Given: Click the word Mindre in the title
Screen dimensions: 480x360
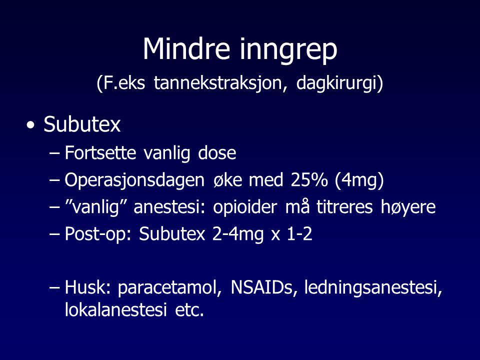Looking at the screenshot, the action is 186,49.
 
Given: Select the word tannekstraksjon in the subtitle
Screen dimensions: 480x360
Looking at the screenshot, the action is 220,83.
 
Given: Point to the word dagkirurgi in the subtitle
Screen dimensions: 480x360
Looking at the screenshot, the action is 337,83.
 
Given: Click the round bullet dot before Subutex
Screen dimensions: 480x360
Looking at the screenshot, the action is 30,125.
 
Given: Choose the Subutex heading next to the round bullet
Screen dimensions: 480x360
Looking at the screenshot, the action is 82,124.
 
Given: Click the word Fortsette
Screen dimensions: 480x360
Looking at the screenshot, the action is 100,152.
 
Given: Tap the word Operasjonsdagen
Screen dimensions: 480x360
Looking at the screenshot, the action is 134,180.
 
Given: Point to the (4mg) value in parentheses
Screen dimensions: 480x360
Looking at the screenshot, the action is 359,180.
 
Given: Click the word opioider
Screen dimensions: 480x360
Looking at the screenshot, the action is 245,207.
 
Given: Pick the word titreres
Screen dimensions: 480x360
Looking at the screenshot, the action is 344,207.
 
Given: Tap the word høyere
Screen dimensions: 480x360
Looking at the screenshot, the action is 408,208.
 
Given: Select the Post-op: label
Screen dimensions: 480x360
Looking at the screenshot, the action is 98,234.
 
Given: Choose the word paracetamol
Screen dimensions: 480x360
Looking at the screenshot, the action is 170,288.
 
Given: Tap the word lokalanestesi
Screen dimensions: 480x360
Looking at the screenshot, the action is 115,309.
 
